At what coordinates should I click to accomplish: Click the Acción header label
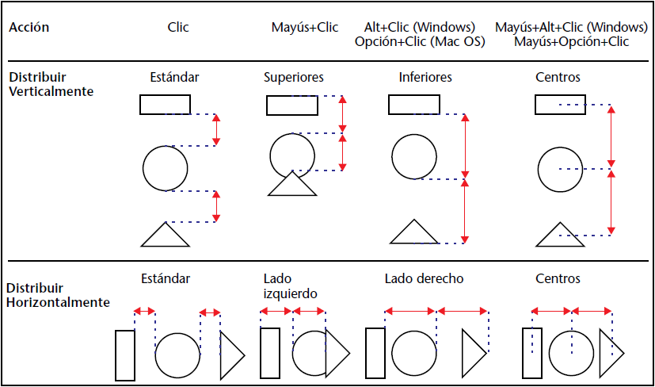[29, 28]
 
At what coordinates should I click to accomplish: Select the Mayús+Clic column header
[305, 28]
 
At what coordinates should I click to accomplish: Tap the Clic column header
[179, 28]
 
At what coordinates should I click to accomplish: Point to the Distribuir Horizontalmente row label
[58, 295]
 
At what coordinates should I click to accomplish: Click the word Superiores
[294, 78]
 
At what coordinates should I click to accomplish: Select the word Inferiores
[425, 78]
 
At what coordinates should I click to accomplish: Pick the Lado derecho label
[424, 279]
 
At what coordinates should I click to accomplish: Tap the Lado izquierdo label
[291, 286]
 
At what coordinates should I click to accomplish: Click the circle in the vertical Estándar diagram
[166, 168]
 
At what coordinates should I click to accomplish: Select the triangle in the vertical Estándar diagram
[165, 236]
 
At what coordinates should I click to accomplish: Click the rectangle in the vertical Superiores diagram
[292, 105]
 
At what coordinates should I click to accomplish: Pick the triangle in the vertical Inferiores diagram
[414, 233]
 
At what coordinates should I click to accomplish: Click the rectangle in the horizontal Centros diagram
[531, 353]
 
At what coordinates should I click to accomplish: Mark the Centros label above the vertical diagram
[558, 78]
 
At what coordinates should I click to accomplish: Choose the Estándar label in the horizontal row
[166, 279]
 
